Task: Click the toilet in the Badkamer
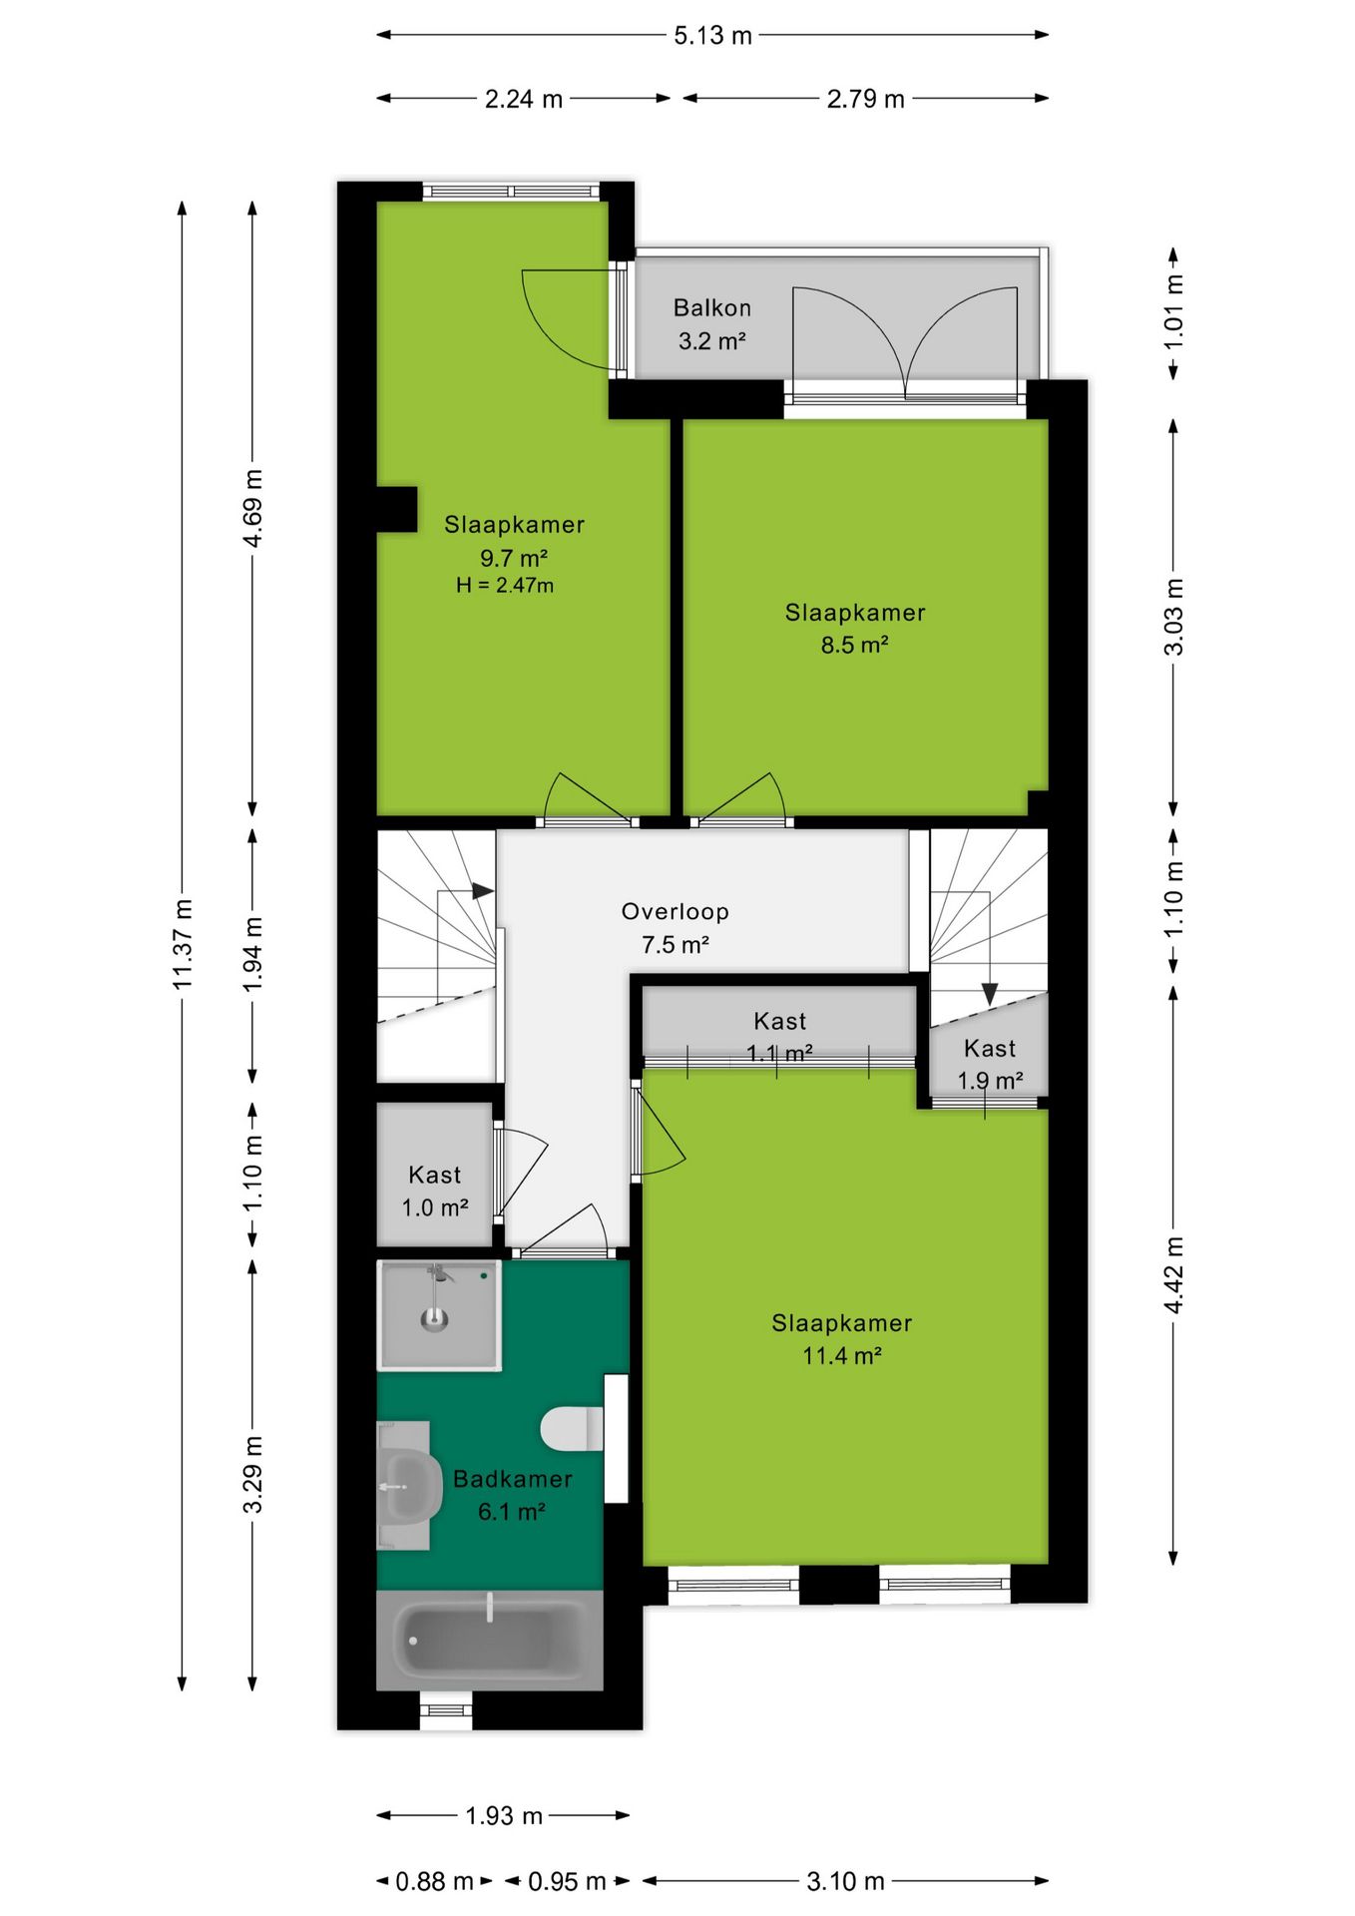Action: tap(573, 1428)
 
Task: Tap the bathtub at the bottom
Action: tap(489, 1640)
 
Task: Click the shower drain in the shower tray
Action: tap(434, 1320)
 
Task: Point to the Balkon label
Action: tap(711, 307)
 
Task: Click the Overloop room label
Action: tap(676, 911)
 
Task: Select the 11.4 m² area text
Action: tap(842, 1355)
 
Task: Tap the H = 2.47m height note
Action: tap(505, 586)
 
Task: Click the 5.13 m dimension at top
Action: tap(712, 36)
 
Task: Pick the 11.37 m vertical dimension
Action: tap(182, 944)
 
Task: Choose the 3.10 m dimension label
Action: tap(845, 1881)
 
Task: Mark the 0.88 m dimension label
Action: tap(434, 1881)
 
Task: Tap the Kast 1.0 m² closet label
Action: tap(435, 1192)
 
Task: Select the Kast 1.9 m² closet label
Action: tap(990, 1064)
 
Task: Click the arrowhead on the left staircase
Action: tap(484, 890)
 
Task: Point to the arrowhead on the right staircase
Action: tap(989, 994)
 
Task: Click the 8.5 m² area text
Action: tap(854, 645)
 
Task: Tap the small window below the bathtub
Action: tap(445, 1710)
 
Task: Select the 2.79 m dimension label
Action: tap(865, 99)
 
